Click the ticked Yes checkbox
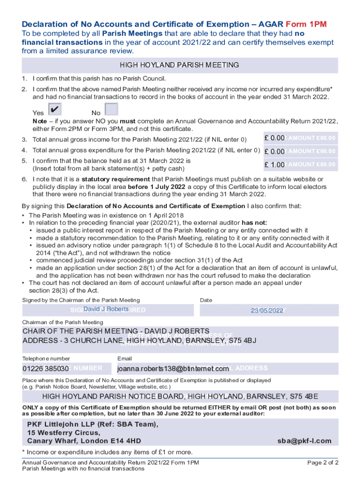pos(55,109)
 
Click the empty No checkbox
pos(111,109)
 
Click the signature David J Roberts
pos(106,310)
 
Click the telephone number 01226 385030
pos(46,369)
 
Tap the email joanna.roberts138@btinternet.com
pos(173,369)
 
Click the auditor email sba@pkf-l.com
pos(304,441)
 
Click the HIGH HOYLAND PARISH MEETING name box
pos(180,65)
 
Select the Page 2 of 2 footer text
pos(323,463)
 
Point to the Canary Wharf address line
pos(84,441)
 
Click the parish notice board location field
pos(180,397)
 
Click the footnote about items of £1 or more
pos(107,452)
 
